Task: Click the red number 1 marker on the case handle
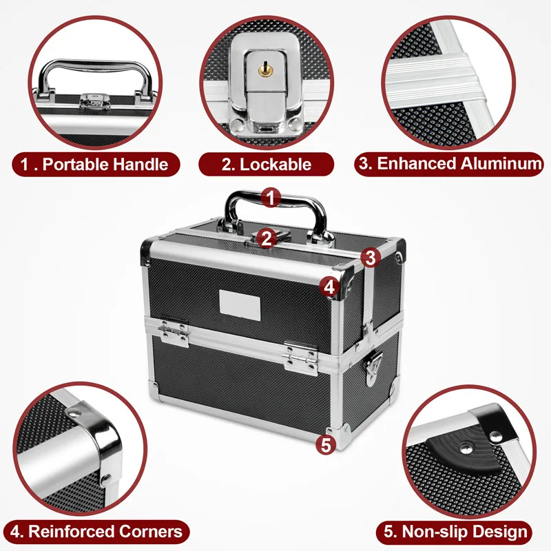(x=271, y=198)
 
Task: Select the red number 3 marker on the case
(x=371, y=258)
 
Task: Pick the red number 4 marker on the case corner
(x=331, y=286)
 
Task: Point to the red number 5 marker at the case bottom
(x=327, y=444)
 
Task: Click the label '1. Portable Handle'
(x=95, y=164)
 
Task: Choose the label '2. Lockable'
(x=267, y=164)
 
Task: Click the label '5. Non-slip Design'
(x=455, y=531)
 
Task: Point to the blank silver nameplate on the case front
(x=240, y=304)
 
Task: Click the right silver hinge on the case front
(x=300, y=353)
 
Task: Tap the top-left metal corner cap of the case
(x=149, y=251)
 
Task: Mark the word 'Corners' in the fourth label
(x=151, y=531)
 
